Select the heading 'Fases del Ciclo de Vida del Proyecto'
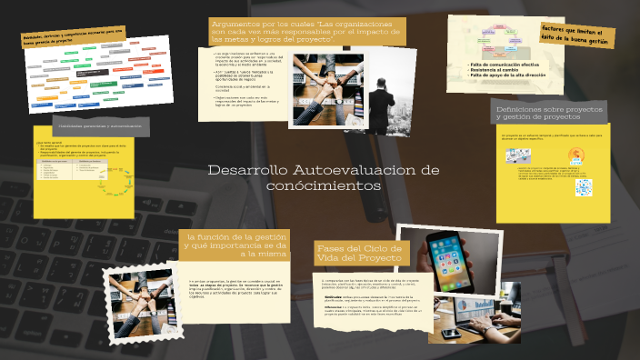(359, 254)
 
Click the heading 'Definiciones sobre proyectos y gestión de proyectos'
(549, 112)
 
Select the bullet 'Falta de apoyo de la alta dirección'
(508, 78)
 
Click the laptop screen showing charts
(505, 309)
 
